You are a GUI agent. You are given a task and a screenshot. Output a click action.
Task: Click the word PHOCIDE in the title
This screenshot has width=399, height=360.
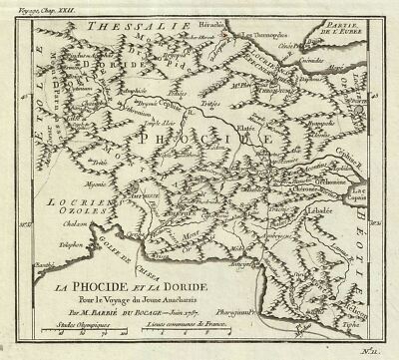pyautogui.click(x=127, y=285)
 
